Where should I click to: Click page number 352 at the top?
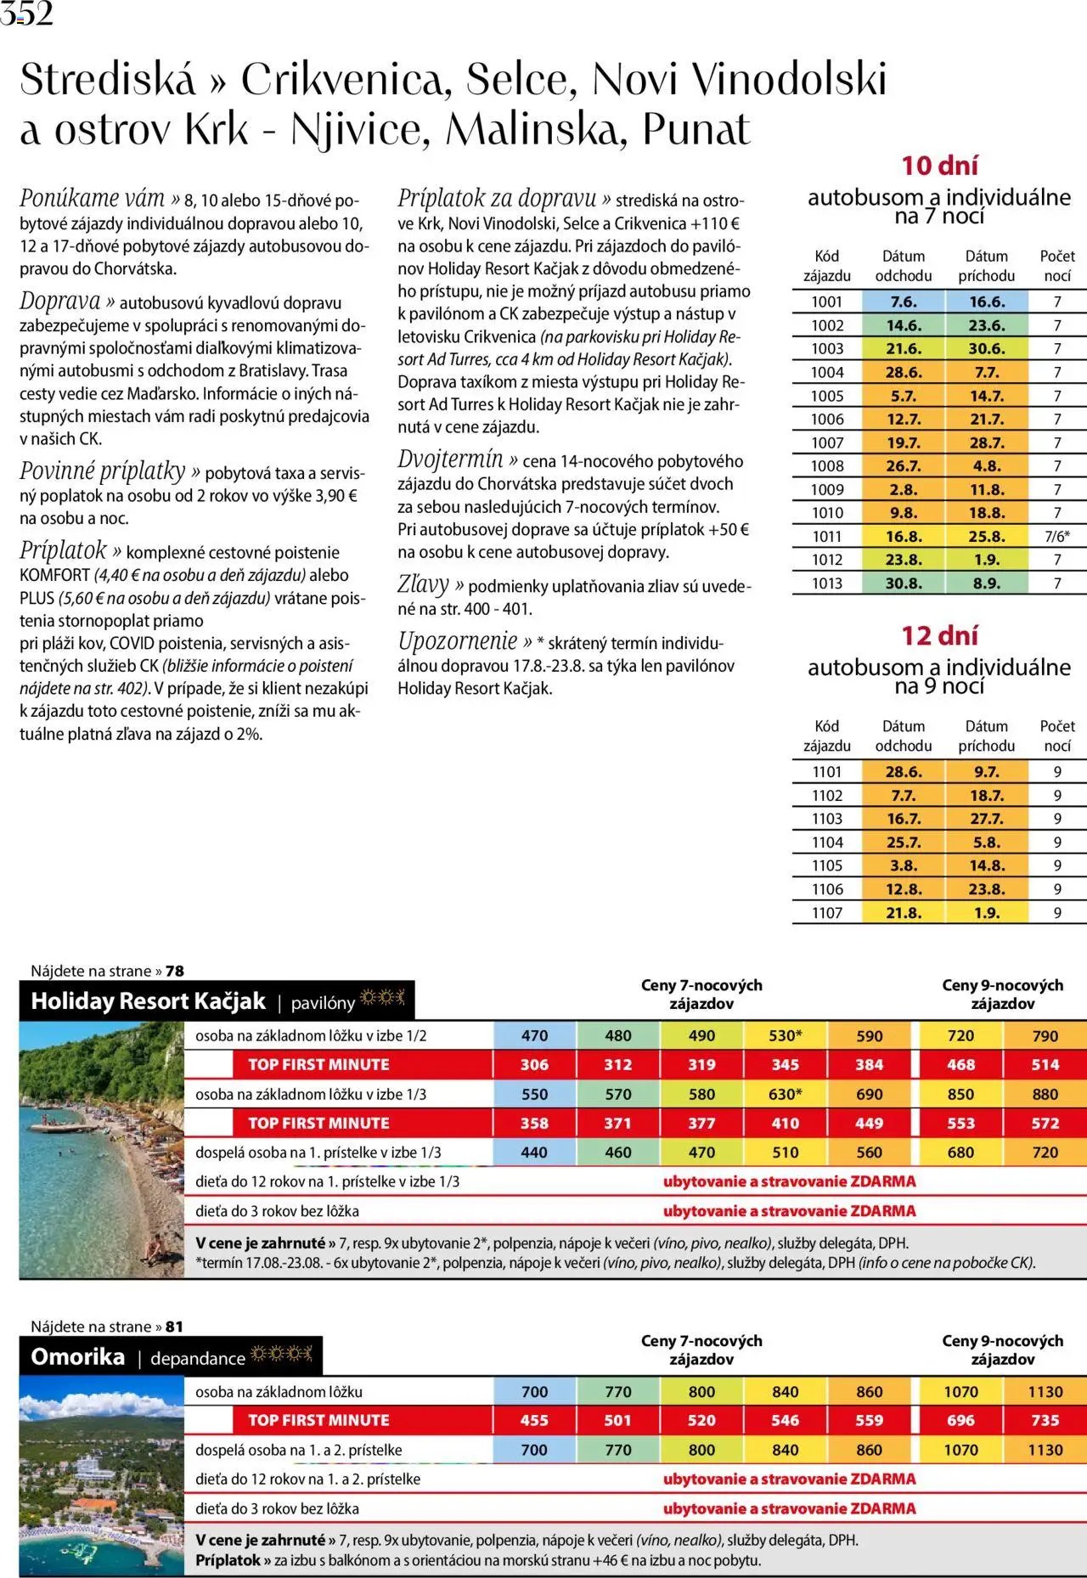tap(27, 13)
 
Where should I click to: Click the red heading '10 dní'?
tap(939, 165)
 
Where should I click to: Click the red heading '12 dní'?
tap(939, 635)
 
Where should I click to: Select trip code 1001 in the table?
tap(826, 302)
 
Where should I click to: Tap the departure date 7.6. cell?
tap(904, 302)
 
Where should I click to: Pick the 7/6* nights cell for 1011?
tap(1056, 536)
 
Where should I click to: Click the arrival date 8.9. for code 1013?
tap(986, 583)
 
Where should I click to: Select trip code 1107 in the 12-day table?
tap(826, 912)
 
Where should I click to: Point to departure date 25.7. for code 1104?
tap(904, 842)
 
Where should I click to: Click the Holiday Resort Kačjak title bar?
tap(149, 1001)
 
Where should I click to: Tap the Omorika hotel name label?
tap(78, 1356)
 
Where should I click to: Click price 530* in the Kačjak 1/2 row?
tap(785, 1035)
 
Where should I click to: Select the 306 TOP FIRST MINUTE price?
tap(534, 1064)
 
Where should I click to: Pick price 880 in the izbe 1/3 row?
tap(1045, 1094)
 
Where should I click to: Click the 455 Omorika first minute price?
tap(534, 1419)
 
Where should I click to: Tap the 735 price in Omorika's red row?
tap(1045, 1419)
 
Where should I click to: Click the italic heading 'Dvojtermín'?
tap(451, 459)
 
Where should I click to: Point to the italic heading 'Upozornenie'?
tap(458, 641)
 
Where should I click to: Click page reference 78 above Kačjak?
tap(175, 971)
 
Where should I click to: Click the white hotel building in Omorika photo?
tap(95, 1466)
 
